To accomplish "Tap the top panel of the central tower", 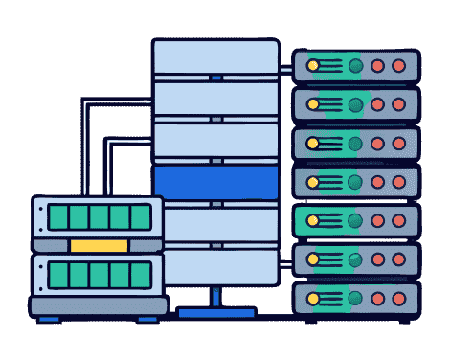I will (215, 57).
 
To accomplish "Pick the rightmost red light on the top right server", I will (399, 67).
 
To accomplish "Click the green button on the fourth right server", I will (356, 179).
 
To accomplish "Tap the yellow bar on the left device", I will (98, 246).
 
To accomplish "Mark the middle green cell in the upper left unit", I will (98, 217).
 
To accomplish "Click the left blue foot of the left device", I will (48, 319).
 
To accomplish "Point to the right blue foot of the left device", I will (149, 319).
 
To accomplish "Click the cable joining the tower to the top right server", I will (286, 68).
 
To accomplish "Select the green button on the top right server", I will (356, 67).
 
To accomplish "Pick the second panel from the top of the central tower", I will (215, 99).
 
